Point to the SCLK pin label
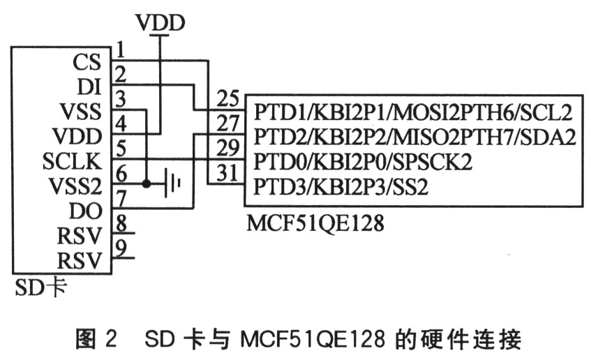pyautogui.click(x=72, y=161)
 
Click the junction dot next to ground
pyautogui.click(x=146, y=185)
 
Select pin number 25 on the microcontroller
pyautogui.click(x=227, y=98)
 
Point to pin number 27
pyautogui.click(x=227, y=123)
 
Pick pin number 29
pyautogui.click(x=227, y=149)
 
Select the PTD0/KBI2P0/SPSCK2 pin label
pyautogui.click(x=364, y=162)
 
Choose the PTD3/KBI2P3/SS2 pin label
pyautogui.click(x=341, y=186)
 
